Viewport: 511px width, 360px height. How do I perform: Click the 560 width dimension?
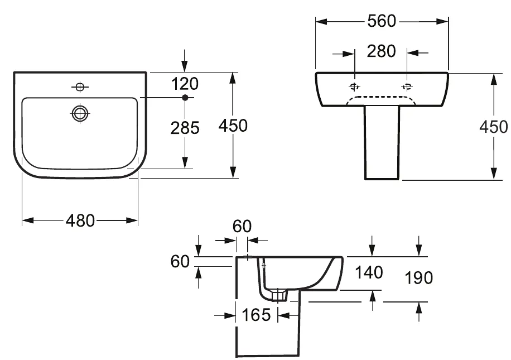coord(382,21)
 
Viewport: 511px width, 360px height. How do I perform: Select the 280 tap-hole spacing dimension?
coord(382,51)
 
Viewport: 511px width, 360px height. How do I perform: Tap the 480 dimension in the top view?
coord(80,220)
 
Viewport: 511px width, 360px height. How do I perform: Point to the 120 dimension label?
coord(185,84)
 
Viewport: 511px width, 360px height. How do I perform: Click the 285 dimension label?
coord(185,128)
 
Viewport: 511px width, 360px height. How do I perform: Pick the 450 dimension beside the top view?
coord(233,126)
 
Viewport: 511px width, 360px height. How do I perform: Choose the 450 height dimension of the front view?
coord(493,127)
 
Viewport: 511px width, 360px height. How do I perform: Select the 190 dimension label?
coord(418,277)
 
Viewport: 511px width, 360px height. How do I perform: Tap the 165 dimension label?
coord(257,315)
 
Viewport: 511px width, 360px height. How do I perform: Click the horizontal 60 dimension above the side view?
coord(242,226)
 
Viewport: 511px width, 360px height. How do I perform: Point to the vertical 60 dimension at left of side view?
coord(182,261)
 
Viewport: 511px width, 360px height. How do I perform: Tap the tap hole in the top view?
coord(80,87)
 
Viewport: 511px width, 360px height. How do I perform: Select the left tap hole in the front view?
coord(354,87)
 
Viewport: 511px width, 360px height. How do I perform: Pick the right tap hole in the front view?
coord(407,87)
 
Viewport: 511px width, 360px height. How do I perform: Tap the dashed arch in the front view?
coord(382,98)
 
